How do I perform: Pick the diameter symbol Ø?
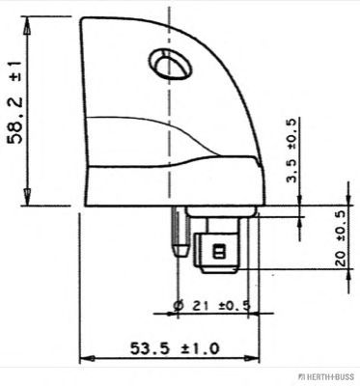pos(180,307)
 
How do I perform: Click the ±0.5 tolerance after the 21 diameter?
pos(233,307)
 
